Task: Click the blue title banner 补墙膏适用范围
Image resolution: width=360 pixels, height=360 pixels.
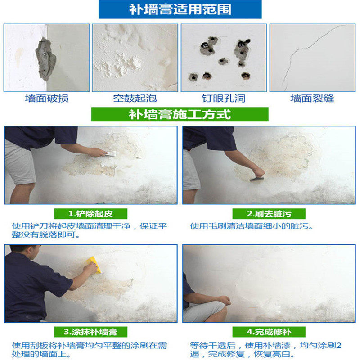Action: point(180,9)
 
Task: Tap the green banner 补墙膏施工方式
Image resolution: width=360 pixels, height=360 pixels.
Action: point(180,114)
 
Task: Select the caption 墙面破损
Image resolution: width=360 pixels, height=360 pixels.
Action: point(47,99)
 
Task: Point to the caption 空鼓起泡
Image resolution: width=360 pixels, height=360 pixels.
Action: point(135,99)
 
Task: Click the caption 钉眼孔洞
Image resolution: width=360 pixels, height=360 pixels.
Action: point(224,99)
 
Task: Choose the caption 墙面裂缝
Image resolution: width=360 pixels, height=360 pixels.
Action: point(312,99)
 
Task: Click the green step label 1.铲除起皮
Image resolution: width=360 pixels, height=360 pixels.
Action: point(91,214)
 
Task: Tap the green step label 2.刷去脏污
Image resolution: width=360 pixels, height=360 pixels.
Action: point(269,214)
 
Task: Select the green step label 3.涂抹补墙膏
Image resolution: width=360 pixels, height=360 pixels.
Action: point(91,332)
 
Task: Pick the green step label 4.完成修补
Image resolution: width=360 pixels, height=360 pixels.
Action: point(269,332)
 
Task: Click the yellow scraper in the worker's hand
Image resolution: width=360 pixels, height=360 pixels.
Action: point(94,264)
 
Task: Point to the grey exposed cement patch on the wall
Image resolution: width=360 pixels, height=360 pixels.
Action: point(45,59)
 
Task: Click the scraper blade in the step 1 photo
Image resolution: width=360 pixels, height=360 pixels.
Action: point(111,153)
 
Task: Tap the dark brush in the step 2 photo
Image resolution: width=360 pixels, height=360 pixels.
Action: point(256,179)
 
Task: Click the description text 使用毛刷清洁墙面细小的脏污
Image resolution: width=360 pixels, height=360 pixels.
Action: point(252,226)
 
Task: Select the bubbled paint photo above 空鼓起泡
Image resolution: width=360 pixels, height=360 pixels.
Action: point(135,58)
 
